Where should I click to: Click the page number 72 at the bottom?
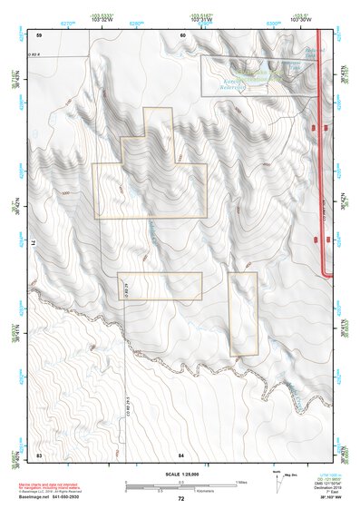click(x=181, y=498)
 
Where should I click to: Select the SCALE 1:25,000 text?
click(x=180, y=475)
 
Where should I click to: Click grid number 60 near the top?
click(x=181, y=34)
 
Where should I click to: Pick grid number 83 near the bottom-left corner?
click(x=39, y=453)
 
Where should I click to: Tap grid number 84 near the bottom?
click(x=181, y=453)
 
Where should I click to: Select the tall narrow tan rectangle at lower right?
click(x=243, y=314)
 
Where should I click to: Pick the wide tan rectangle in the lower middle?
click(x=160, y=286)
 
